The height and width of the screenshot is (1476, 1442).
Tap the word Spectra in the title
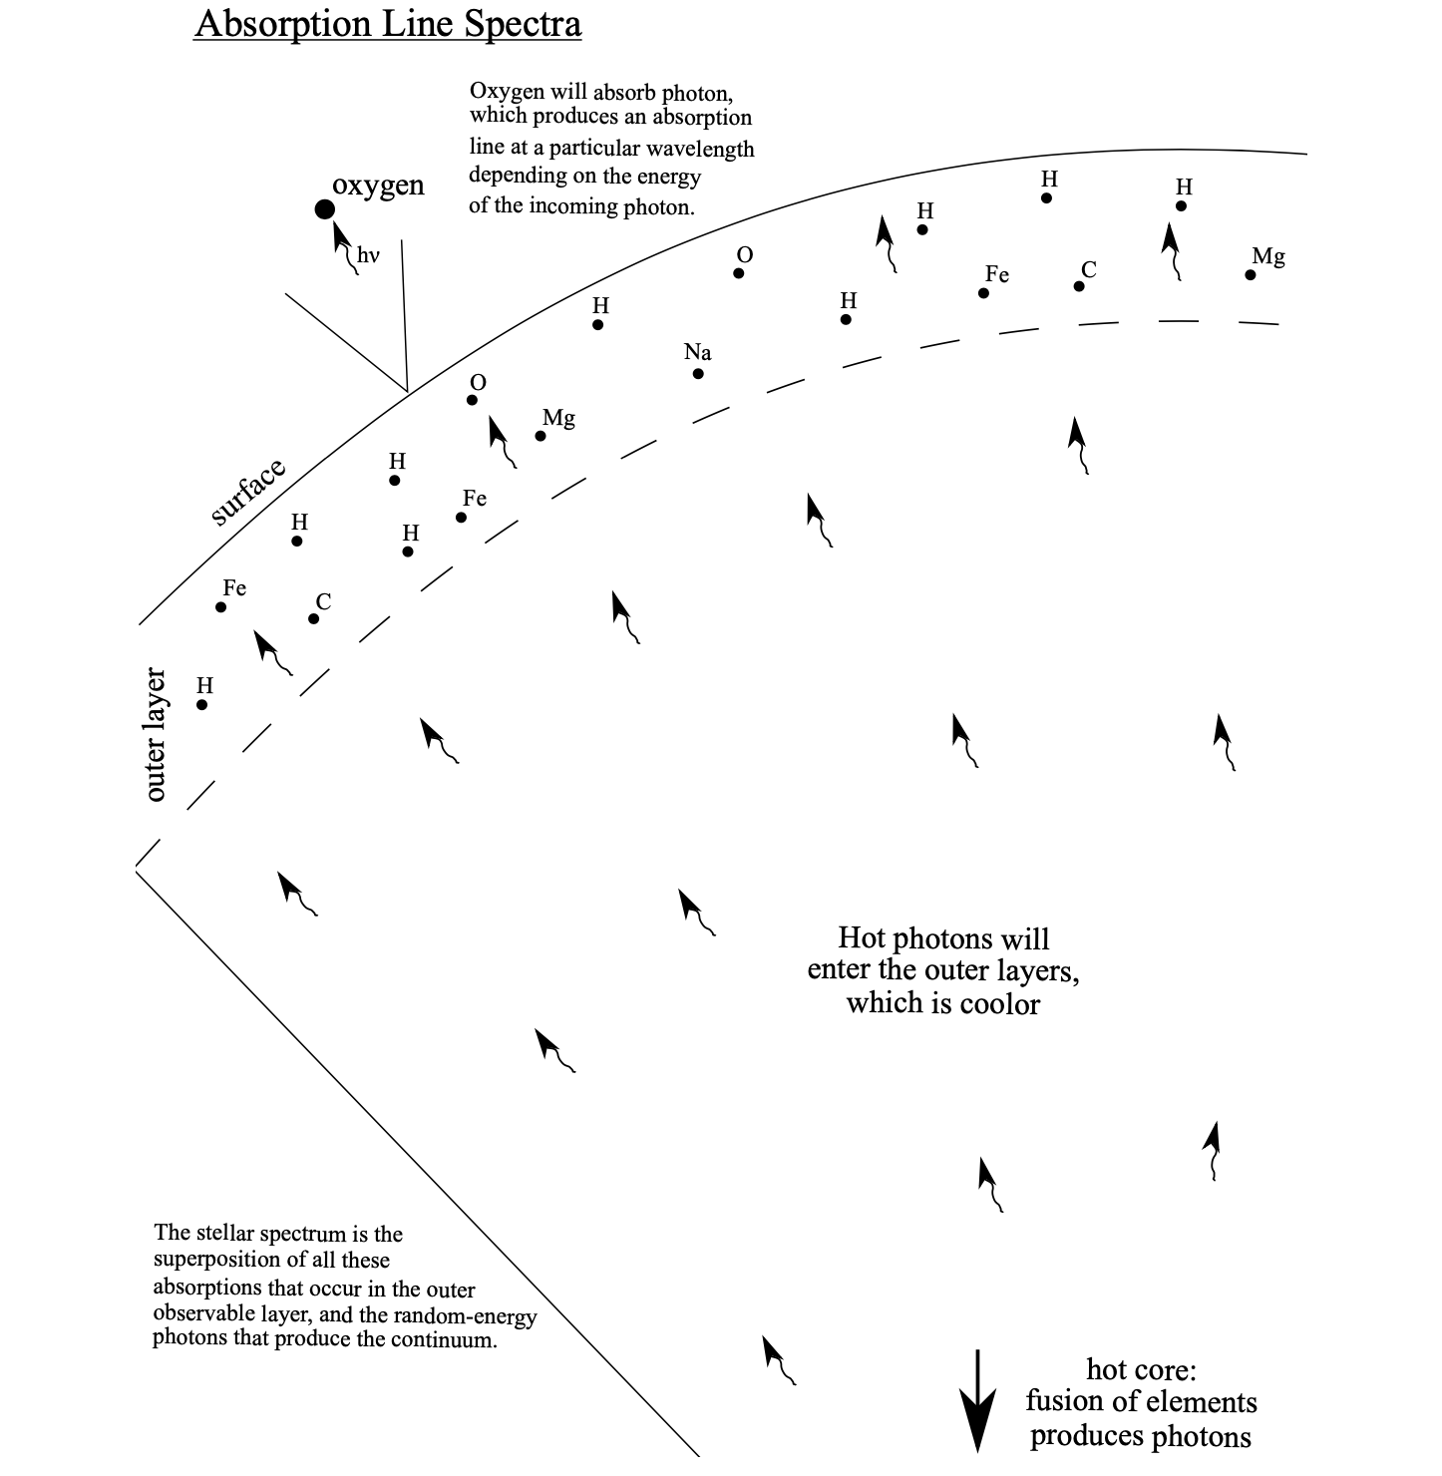click(528, 23)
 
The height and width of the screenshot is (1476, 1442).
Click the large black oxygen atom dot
click(324, 209)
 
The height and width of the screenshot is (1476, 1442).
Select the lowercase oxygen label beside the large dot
click(378, 185)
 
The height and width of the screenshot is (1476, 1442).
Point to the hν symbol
click(369, 255)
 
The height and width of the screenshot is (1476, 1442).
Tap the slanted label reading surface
click(248, 493)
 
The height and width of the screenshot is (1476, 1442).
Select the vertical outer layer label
click(156, 735)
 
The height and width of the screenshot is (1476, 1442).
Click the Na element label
click(697, 352)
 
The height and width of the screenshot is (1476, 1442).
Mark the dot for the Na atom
click(698, 374)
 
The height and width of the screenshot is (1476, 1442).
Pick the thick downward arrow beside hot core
click(977, 1400)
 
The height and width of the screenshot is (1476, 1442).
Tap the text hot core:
click(1141, 1368)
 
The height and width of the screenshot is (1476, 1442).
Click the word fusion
click(1065, 1401)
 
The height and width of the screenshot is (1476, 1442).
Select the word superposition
click(217, 1261)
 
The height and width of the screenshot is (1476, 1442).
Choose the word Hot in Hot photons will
click(861, 938)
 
